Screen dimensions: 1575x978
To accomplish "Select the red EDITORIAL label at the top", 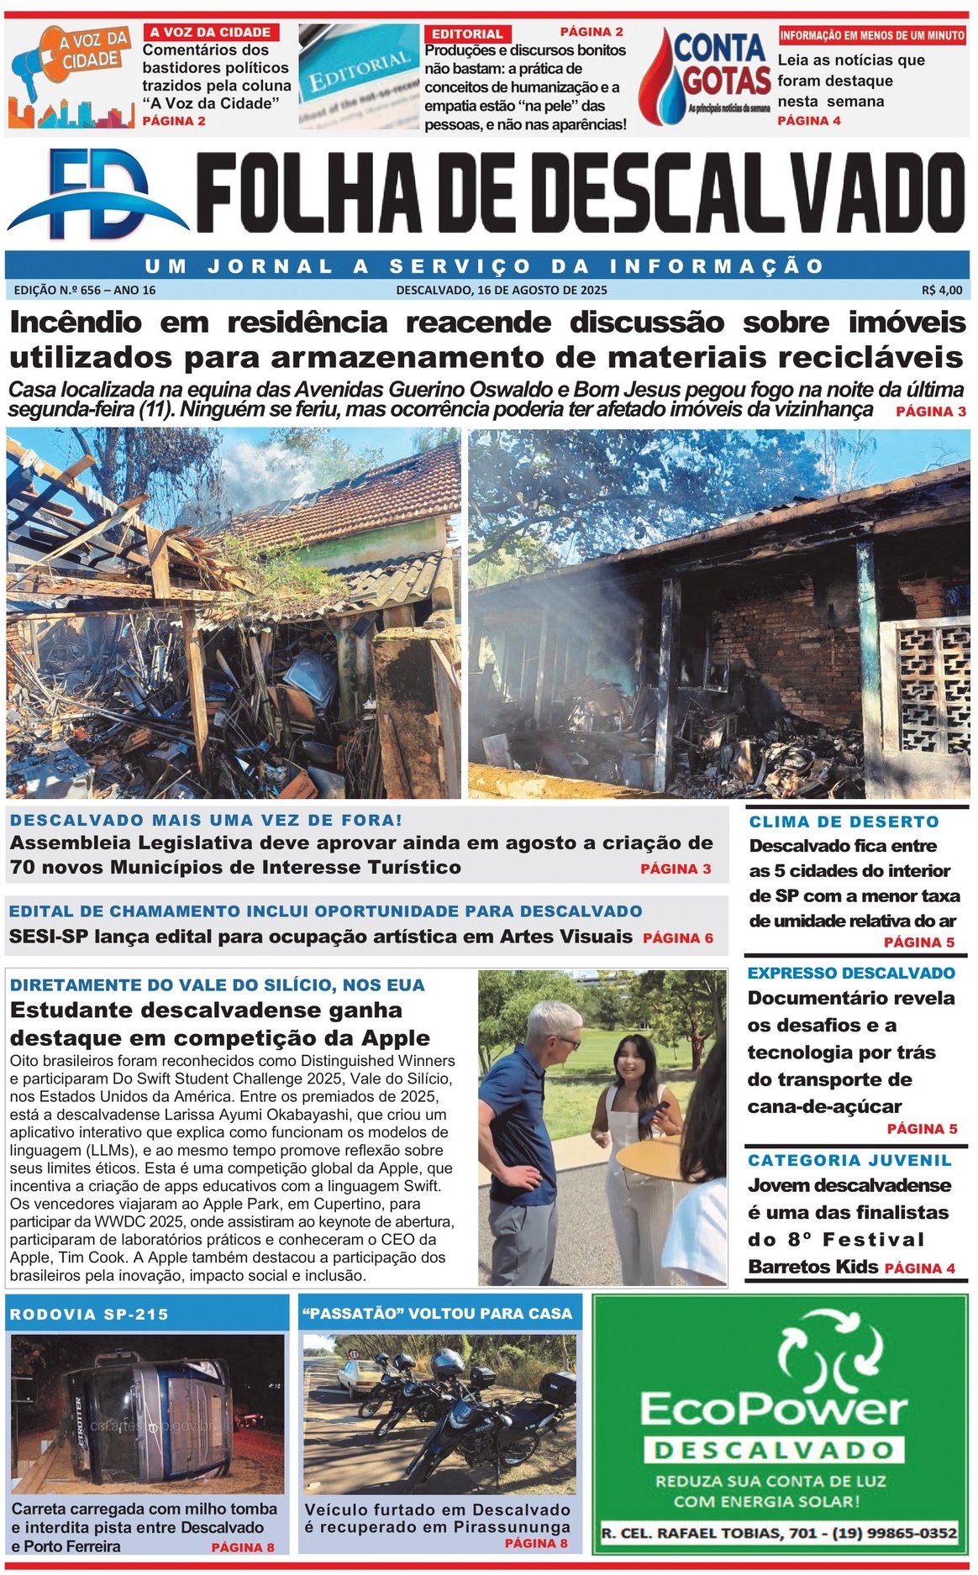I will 466,34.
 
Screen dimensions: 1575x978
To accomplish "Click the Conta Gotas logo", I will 706,76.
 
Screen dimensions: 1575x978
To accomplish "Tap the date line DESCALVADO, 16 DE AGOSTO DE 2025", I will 501,290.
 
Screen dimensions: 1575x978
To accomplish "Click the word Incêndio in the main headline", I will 76,323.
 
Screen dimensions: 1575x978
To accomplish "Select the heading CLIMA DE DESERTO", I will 844,822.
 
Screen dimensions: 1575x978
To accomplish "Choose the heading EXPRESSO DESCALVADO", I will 850,973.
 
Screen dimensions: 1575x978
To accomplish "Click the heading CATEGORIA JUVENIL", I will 849,1160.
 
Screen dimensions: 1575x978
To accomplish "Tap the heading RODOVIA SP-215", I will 89,1315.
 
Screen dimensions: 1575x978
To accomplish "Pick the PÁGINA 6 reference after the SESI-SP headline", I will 677,938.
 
